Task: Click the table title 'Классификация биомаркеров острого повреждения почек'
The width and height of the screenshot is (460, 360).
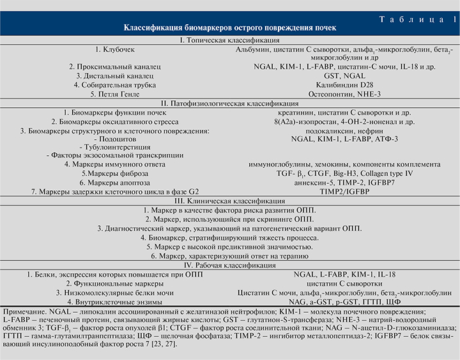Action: coord(230,28)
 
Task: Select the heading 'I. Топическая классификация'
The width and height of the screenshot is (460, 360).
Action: coord(230,40)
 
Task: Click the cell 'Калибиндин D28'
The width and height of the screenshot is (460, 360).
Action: coord(344,84)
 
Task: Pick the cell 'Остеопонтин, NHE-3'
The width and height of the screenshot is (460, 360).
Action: coord(344,93)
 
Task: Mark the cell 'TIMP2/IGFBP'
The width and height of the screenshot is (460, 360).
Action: coord(344,190)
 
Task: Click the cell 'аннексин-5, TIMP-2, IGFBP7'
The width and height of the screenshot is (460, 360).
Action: coord(344,182)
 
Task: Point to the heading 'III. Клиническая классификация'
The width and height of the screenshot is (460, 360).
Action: coord(230,200)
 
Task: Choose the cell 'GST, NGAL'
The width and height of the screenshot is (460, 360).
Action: coord(344,75)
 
